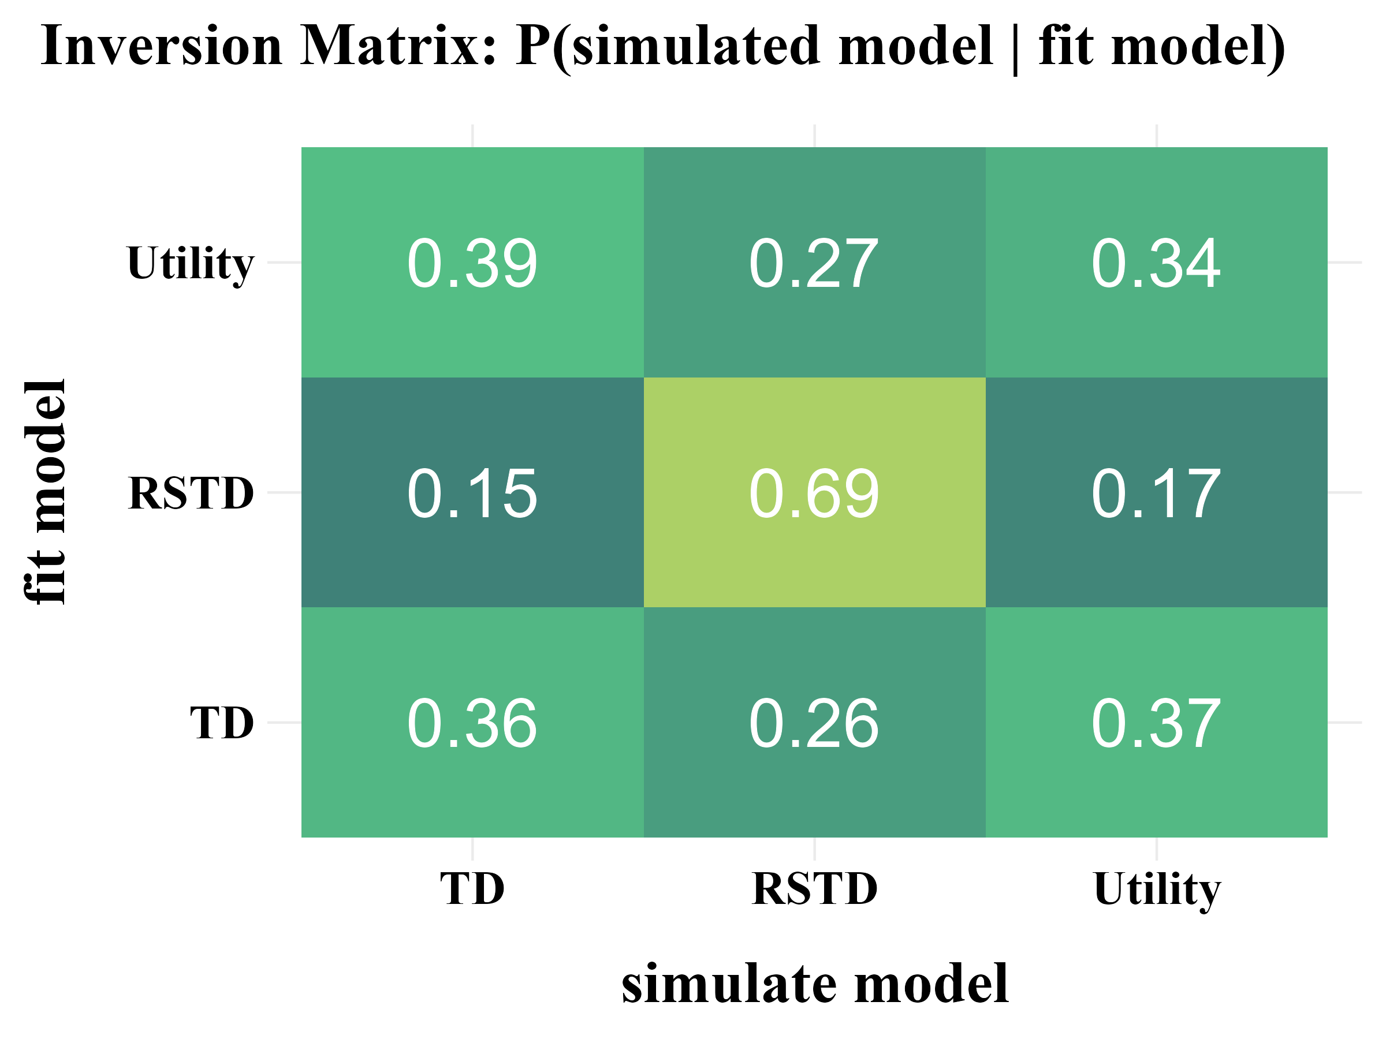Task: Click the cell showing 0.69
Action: coord(814,492)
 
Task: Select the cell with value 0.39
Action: coord(472,263)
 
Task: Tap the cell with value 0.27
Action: coord(814,263)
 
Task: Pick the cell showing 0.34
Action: coord(1156,263)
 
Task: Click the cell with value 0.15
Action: coord(472,492)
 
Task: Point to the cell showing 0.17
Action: coord(1156,492)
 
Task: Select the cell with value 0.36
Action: coord(472,723)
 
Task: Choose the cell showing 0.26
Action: coord(814,723)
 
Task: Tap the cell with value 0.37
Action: coord(1156,723)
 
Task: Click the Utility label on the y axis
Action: coord(190,263)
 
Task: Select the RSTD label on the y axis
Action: coord(191,493)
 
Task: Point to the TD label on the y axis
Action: coord(222,723)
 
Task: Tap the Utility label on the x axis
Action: coord(1157,889)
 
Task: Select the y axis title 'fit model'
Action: coord(45,492)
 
